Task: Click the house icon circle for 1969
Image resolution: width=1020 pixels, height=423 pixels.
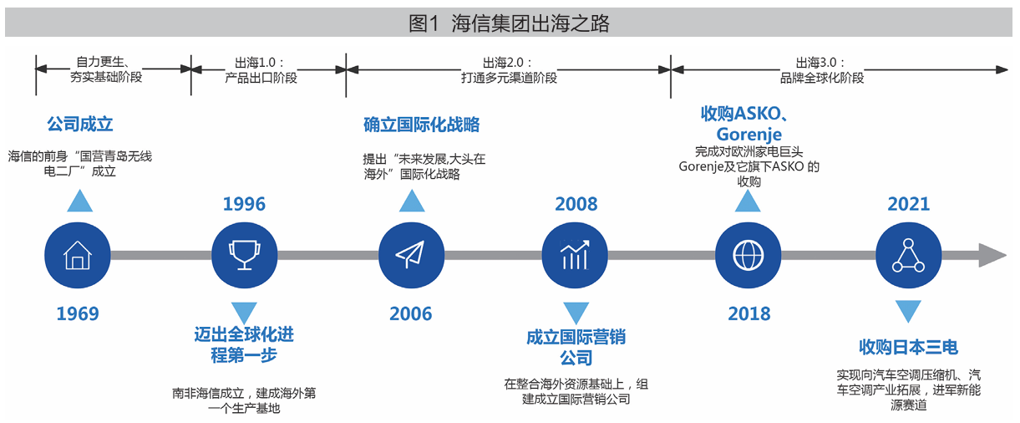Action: coord(78,255)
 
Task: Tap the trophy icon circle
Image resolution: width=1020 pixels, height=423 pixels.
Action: coord(245,255)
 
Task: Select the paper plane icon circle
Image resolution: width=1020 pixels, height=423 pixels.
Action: coord(411,255)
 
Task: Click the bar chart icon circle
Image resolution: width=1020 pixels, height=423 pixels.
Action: coord(575,255)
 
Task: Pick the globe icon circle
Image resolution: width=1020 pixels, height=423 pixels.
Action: coord(749,255)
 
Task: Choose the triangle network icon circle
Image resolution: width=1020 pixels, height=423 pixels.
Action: coord(908,255)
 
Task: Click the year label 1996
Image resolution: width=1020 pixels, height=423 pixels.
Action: coord(244,204)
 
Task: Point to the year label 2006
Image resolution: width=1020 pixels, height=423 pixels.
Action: coord(411,314)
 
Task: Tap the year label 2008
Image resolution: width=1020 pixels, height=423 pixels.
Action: coord(576,204)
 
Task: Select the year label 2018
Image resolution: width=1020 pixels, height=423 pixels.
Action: coord(749,314)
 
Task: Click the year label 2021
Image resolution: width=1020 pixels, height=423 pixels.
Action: coord(908,204)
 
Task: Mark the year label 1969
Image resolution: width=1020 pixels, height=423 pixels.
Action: coord(78,314)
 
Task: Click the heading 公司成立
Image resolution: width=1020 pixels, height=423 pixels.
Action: coord(79,124)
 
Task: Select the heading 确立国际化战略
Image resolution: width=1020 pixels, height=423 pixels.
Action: coord(422,125)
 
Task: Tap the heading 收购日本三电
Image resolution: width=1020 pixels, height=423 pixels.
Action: coord(908,347)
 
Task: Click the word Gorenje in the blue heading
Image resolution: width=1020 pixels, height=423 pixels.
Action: coord(749,135)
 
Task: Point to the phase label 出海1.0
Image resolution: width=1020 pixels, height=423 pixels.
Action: coord(256,63)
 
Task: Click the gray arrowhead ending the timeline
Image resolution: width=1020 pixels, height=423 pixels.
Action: coord(992,255)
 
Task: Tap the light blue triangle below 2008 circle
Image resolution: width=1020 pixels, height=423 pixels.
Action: coord(576,313)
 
